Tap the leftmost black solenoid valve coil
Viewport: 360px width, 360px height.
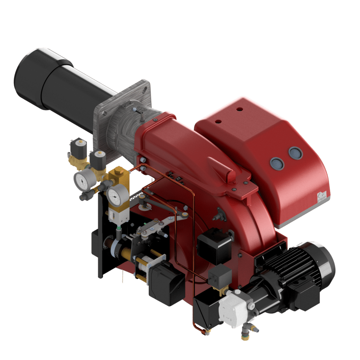(78, 148)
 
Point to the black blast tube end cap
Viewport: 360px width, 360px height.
(28, 77)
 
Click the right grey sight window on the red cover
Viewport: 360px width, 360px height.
(295, 153)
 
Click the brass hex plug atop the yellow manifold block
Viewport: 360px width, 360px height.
(116, 171)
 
